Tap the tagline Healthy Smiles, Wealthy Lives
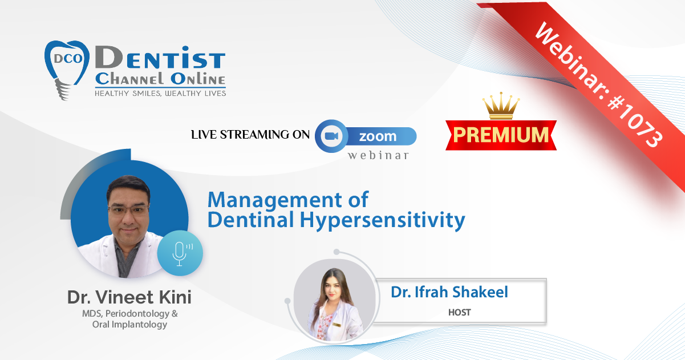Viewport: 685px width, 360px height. [160, 94]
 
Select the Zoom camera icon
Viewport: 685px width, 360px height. [331, 136]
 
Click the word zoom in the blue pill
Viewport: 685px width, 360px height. [378, 136]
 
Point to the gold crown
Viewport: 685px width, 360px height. [501, 106]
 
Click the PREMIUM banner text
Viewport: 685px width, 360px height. [501, 135]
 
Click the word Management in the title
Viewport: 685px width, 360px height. [274, 200]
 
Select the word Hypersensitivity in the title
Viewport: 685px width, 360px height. [382, 220]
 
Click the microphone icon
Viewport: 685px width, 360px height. [180, 253]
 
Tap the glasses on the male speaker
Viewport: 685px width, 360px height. [129, 210]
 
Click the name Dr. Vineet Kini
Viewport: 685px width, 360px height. [129, 297]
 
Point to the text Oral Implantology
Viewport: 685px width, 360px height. [129, 324]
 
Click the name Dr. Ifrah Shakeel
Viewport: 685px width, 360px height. [449, 292]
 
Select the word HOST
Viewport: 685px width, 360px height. [460, 312]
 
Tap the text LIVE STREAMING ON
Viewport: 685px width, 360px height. [250, 135]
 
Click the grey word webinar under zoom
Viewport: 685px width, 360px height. [378, 155]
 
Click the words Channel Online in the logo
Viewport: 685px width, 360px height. [160, 79]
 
